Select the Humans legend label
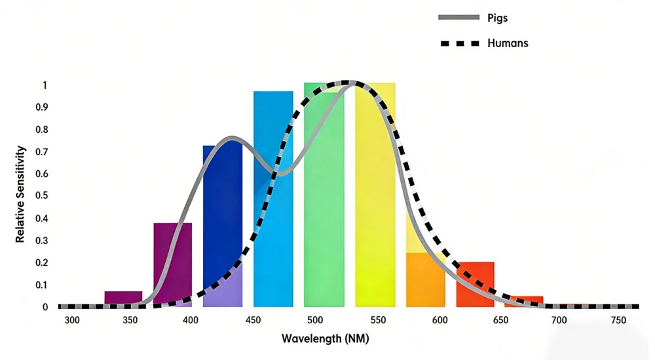tap(508, 43)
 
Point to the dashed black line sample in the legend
tap(458, 44)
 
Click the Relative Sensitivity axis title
tap(20, 194)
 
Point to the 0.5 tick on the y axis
tap(41, 196)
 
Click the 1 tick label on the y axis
tap(45, 85)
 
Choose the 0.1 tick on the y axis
tap(41, 285)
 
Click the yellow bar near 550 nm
tap(375, 196)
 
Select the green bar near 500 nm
tap(324, 196)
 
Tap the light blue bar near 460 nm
tap(273, 196)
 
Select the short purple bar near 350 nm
tap(123, 298)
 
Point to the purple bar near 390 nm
tap(173, 262)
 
